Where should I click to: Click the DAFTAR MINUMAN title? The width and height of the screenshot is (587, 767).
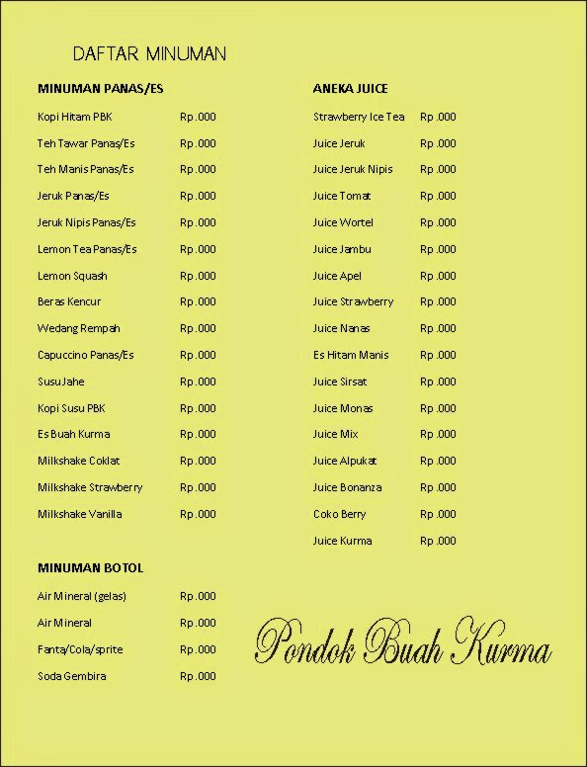[x=149, y=53]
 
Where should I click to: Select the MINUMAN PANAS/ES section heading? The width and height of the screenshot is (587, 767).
[x=100, y=89]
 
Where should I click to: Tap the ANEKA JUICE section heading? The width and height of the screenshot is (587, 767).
[x=350, y=89]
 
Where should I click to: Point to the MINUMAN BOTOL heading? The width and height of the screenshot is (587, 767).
[x=90, y=568]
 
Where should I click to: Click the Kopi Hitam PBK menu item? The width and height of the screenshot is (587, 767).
[x=75, y=117]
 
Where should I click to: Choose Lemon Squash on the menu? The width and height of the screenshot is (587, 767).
[x=72, y=276]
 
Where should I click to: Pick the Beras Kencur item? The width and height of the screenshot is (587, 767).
[x=69, y=301]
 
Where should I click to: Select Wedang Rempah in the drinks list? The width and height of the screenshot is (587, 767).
[x=78, y=328]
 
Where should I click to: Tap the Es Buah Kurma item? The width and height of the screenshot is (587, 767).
[x=73, y=434]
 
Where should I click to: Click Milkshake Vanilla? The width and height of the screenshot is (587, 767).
[x=79, y=514]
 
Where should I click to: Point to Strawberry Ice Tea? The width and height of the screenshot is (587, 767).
[x=359, y=117]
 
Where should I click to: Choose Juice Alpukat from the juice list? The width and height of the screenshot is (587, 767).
[x=345, y=461]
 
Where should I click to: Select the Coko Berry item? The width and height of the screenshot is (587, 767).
[x=339, y=514]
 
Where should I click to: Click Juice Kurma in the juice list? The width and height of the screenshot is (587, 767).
[x=342, y=541]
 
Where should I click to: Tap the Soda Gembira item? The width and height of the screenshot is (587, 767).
[x=71, y=676]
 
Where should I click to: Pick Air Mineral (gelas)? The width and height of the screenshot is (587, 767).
[x=82, y=596]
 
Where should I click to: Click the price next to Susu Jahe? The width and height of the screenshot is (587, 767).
[x=198, y=382]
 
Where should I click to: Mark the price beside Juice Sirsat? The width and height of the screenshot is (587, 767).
[x=438, y=382]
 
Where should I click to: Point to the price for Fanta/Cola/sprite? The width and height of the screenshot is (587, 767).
[x=198, y=649]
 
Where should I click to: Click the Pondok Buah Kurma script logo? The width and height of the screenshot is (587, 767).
[x=402, y=643]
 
